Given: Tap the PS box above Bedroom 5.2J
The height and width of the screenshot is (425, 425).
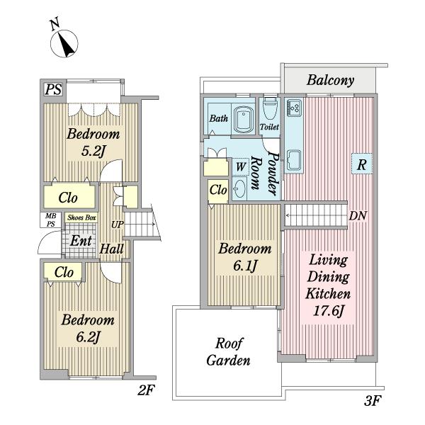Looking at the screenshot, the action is click(x=53, y=89).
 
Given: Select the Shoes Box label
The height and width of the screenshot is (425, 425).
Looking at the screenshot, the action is click(x=81, y=217).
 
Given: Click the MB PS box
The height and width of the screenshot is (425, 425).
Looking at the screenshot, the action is click(x=51, y=220).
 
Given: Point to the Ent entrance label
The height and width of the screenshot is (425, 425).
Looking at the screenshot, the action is click(x=81, y=241).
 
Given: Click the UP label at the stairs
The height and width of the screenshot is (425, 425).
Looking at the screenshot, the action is click(x=117, y=225).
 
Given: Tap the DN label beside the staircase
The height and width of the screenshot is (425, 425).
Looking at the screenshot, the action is click(x=358, y=216).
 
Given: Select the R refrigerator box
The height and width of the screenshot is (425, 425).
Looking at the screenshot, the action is click(x=362, y=164).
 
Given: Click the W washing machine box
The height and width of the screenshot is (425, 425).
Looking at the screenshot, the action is click(x=240, y=166).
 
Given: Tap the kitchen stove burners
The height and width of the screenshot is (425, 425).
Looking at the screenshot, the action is click(x=294, y=108).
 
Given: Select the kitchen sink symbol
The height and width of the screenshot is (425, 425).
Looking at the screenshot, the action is click(x=294, y=160).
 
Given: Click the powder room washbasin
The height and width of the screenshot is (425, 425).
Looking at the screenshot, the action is click(x=239, y=188).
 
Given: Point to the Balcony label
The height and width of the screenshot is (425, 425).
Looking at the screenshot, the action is click(x=330, y=80).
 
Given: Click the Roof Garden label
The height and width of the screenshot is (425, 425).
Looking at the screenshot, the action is click(x=228, y=352).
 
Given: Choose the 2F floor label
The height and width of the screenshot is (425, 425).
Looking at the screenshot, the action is click(x=146, y=390).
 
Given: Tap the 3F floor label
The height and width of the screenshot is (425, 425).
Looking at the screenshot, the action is click(x=373, y=401).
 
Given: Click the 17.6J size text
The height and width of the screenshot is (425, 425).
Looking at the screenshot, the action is click(x=328, y=311).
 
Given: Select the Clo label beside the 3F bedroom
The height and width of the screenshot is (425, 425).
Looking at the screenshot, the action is click(x=218, y=190).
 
